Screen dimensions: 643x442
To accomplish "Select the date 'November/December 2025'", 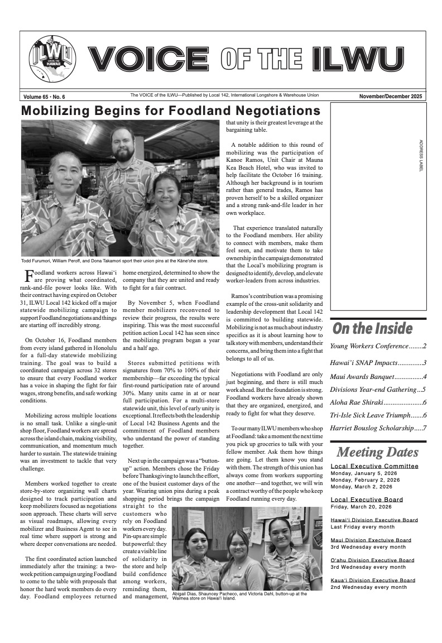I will coord(391,97).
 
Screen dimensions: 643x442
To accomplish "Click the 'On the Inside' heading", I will coord(372,328).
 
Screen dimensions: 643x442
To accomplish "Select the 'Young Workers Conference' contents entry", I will coord(378,346).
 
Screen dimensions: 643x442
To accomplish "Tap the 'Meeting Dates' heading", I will coord(377,452).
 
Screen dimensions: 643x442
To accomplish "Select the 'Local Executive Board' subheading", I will coord(367,500).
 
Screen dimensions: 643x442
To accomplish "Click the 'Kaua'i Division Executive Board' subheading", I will coord(373,580).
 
